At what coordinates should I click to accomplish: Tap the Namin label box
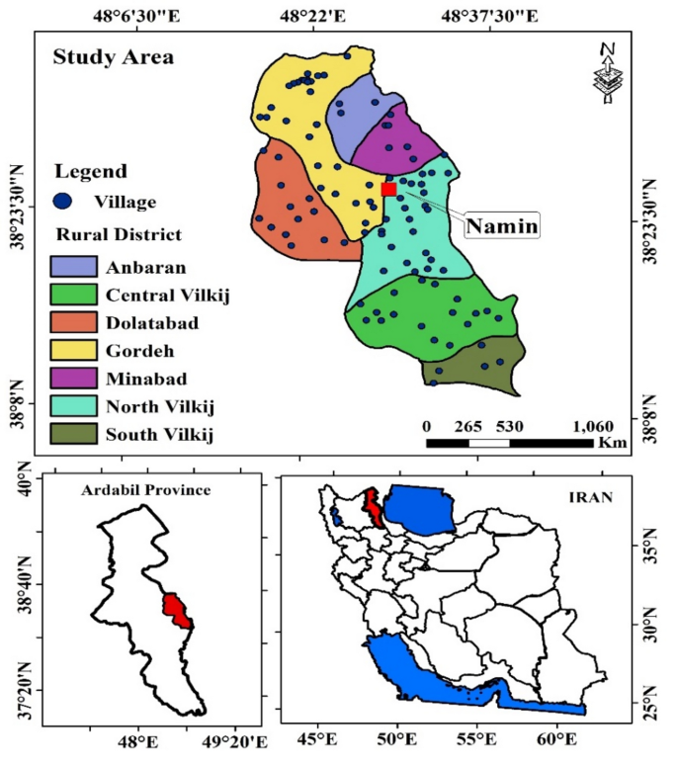pos(502,225)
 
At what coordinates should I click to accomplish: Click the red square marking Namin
pos(388,188)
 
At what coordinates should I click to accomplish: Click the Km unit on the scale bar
pos(611,444)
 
